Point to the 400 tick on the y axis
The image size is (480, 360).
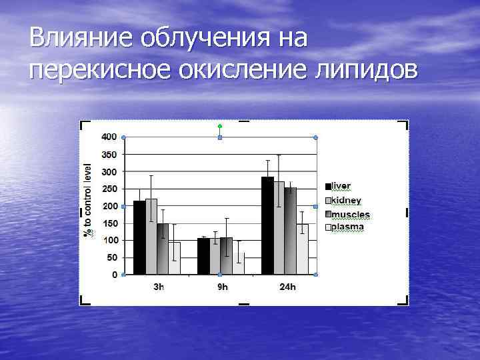click(x=109, y=137)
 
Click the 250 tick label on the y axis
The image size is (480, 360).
click(x=109, y=189)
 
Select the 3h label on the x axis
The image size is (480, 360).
click(x=157, y=287)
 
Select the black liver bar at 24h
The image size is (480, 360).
click(x=267, y=226)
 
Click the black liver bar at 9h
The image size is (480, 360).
click(x=203, y=256)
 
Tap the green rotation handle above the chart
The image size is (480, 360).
click(x=220, y=125)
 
